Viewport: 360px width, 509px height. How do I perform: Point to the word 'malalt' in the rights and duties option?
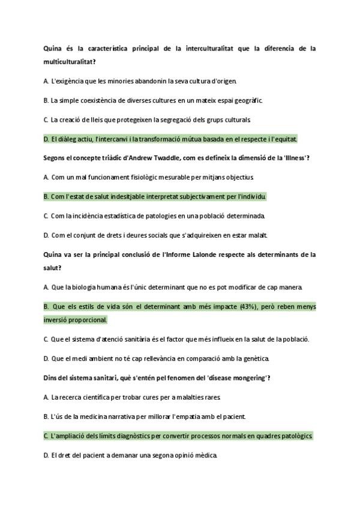259,235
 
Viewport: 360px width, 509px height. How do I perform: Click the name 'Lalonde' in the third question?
207,254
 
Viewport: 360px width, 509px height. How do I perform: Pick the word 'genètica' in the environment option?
256,359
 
